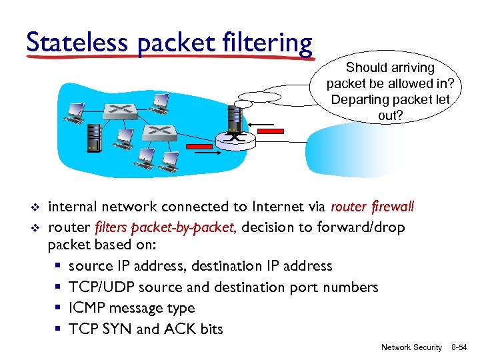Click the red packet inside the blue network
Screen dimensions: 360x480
[197, 145]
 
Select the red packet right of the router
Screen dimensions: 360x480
[269, 132]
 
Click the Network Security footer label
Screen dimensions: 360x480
[411, 347]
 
